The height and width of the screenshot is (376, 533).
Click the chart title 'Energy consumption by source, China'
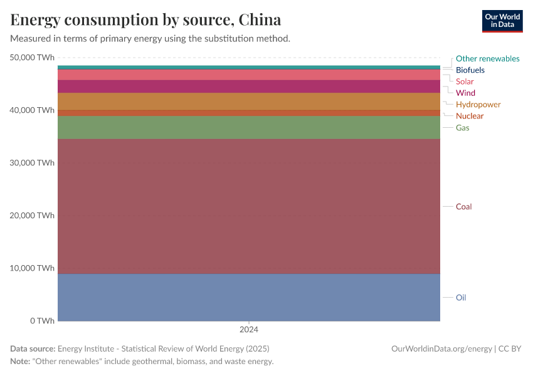[x=145, y=19]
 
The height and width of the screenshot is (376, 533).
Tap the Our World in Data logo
[x=502, y=21]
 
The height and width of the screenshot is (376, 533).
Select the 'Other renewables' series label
[x=487, y=58]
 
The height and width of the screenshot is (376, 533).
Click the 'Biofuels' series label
[x=470, y=70]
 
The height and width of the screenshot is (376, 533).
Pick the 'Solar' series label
[x=465, y=81]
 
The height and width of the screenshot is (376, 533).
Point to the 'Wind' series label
[x=465, y=93]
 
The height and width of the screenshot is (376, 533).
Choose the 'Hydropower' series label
[x=478, y=104]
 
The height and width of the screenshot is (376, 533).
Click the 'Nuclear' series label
[x=470, y=116]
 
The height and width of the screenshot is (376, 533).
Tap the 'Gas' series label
[x=462, y=127]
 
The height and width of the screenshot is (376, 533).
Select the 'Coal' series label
[x=463, y=206]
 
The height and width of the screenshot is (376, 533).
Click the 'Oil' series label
[x=461, y=298]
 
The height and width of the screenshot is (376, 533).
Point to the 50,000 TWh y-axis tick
[x=32, y=57]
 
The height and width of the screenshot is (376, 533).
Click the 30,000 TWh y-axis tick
[x=32, y=162]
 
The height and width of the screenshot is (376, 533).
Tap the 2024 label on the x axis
[x=249, y=329]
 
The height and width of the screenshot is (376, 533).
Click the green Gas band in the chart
[x=249, y=127]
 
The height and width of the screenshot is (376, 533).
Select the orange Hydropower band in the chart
[x=249, y=102]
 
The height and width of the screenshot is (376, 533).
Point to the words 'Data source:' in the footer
[x=33, y=348]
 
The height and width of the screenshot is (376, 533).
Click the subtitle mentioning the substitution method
[x=150, y=38]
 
